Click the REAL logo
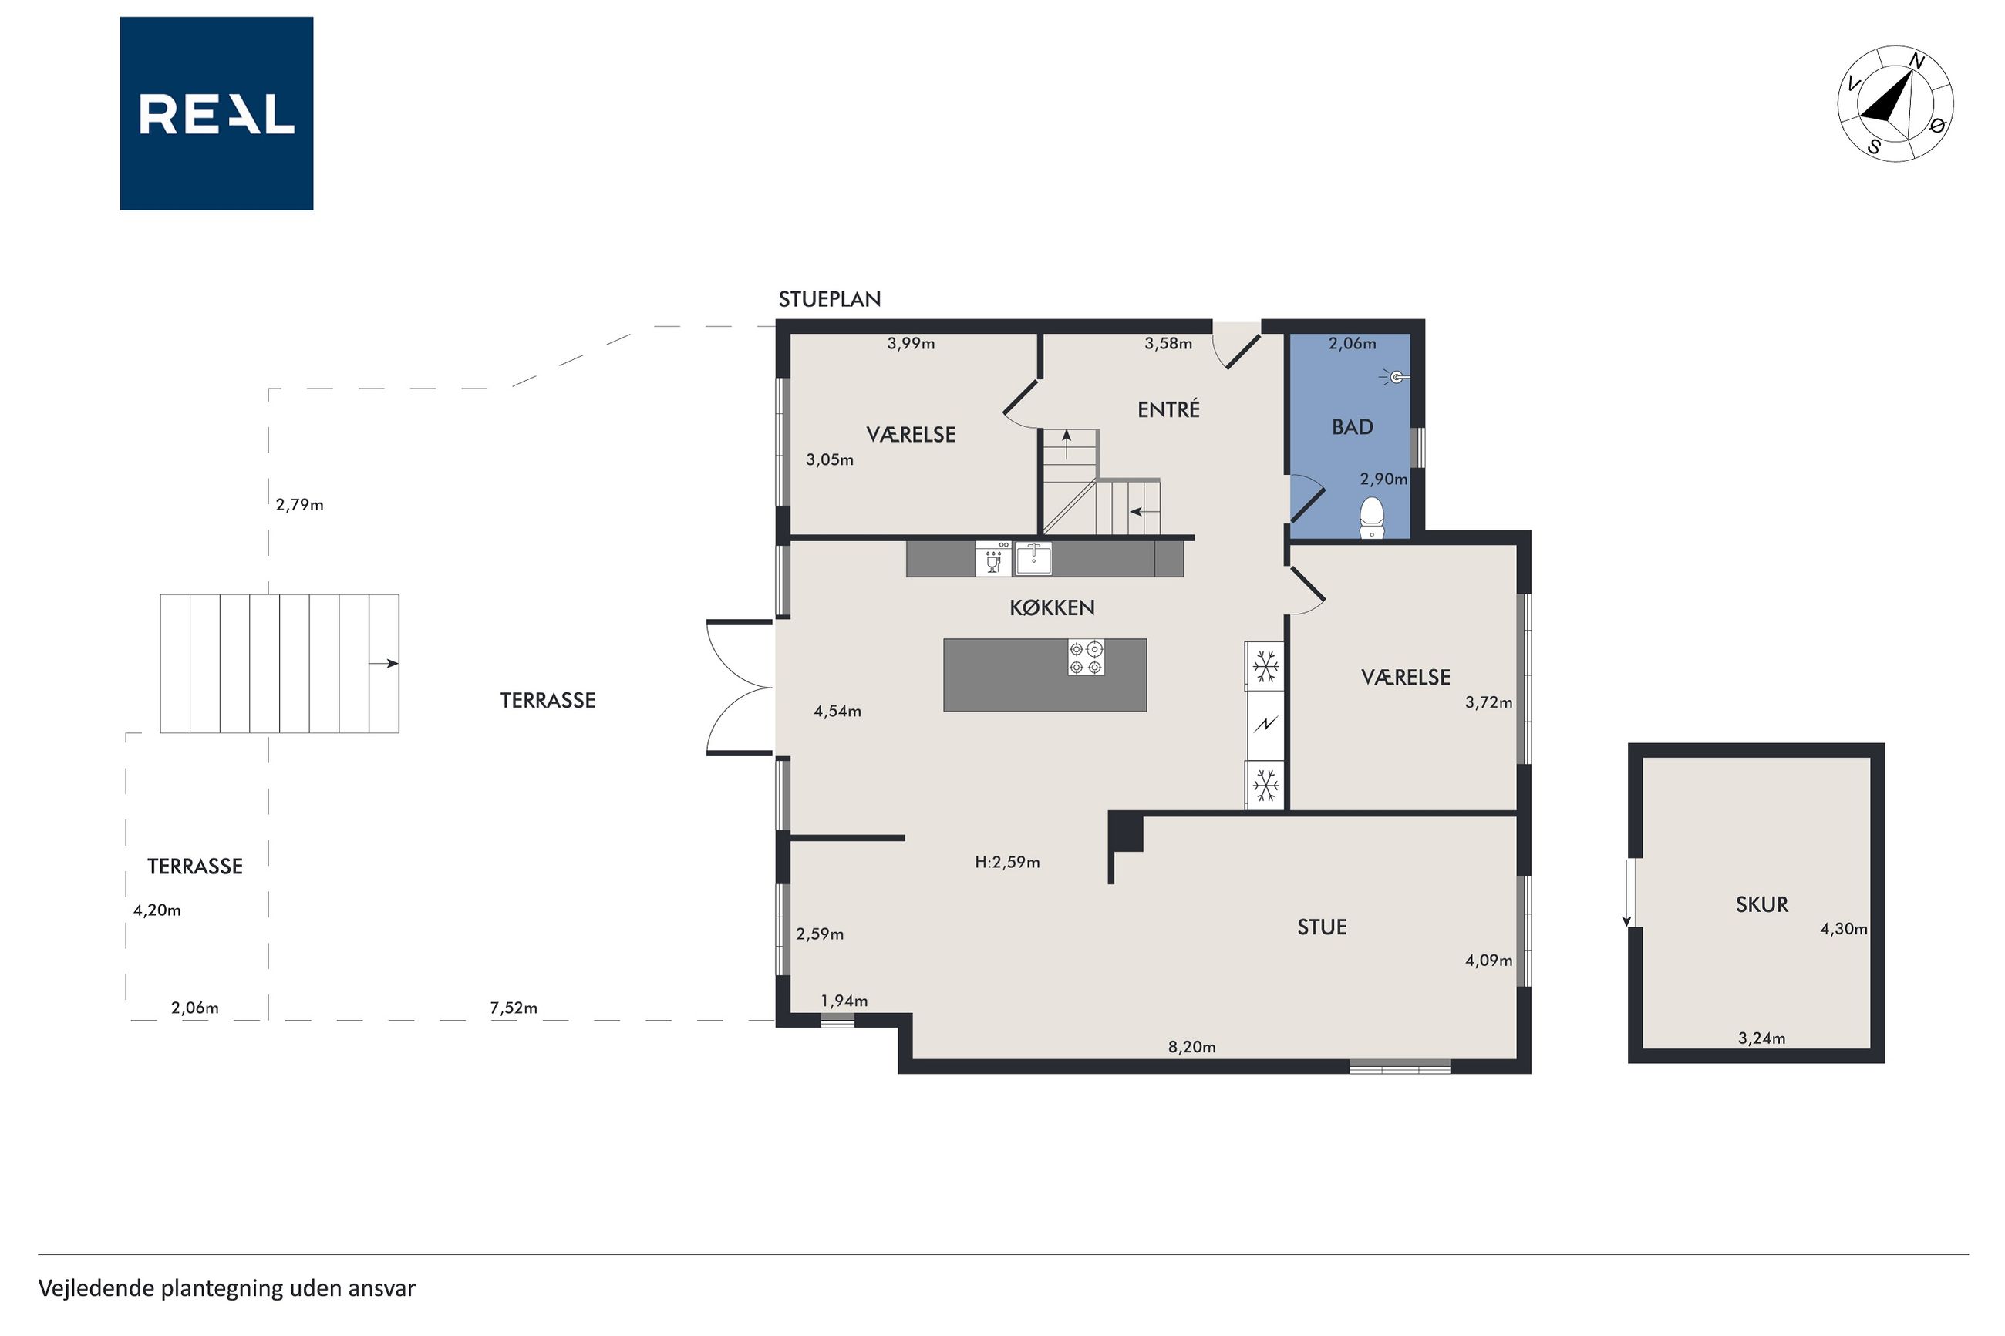point(217,113)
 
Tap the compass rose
point(1895,104)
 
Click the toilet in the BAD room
point(1371,517)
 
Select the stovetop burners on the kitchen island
point(1086,658)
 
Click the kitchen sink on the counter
point(1033,559)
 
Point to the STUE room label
point(1322,927)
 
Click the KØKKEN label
point(1052,607)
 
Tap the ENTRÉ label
point(1168,409)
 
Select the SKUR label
point(1761,904)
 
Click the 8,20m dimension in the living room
point(1191,1047)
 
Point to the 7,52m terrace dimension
point(513,1008)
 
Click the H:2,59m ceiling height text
point(1007,862)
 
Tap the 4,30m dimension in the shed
point(1843,929)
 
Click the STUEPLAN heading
point(829,299)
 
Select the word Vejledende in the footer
point(96,1288)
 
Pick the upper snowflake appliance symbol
point(1265,666)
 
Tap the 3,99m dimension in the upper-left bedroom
point(910,343)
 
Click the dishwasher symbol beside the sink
point(992,559)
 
